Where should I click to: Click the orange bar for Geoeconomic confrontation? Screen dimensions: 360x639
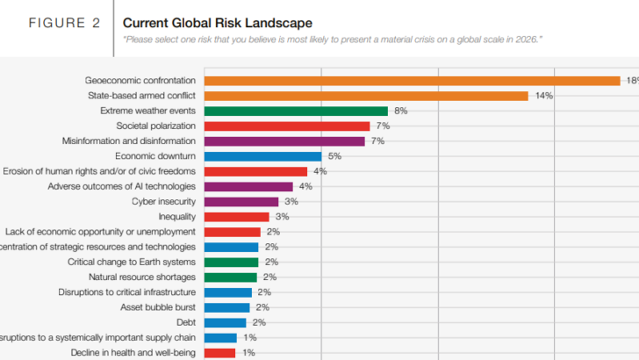413,81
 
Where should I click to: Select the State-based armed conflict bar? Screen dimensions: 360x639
366,96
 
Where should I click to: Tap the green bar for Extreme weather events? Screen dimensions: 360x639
296,111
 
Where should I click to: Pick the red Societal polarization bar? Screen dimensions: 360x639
287,126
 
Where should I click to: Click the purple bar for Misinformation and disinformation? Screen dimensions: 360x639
284,140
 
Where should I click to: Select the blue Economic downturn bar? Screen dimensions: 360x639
263,156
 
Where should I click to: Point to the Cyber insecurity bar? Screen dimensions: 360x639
241,201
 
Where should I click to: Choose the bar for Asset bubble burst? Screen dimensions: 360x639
227,307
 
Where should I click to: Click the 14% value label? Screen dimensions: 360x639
543,96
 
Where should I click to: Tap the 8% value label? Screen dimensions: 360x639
400,111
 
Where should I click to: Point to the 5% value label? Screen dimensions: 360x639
334,156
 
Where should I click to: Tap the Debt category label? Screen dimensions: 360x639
186,322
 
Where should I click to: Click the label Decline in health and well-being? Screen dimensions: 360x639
133,352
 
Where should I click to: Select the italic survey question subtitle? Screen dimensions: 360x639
333,40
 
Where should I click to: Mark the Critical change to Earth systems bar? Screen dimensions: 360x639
232,262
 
